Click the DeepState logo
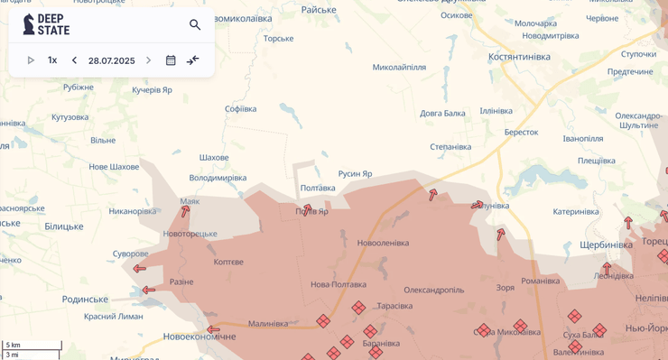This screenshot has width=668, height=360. (46, 24)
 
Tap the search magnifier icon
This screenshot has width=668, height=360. (195, 24)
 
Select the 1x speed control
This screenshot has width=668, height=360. (52, 60)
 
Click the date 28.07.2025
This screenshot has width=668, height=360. (111, 60)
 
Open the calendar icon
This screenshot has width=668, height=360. (171, 60)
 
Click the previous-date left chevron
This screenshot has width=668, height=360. (74, 60)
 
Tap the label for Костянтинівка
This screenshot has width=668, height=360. (519, 57)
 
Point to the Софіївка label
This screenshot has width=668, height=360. (241, 109)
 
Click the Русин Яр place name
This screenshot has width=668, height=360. (355, 173)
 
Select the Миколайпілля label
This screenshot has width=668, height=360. (399, 67)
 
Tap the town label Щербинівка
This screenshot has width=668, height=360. (606, 245)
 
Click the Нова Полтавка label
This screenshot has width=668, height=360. (339, 284)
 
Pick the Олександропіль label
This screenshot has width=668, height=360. (433, 290)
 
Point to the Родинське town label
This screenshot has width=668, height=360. (85, 299)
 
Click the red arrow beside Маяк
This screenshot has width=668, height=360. (185, 212)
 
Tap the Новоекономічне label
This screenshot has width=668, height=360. (199, 337)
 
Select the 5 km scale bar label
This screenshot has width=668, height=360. (13, 346)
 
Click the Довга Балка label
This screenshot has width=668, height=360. (442, 114)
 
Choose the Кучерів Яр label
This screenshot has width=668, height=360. (152, 89)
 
